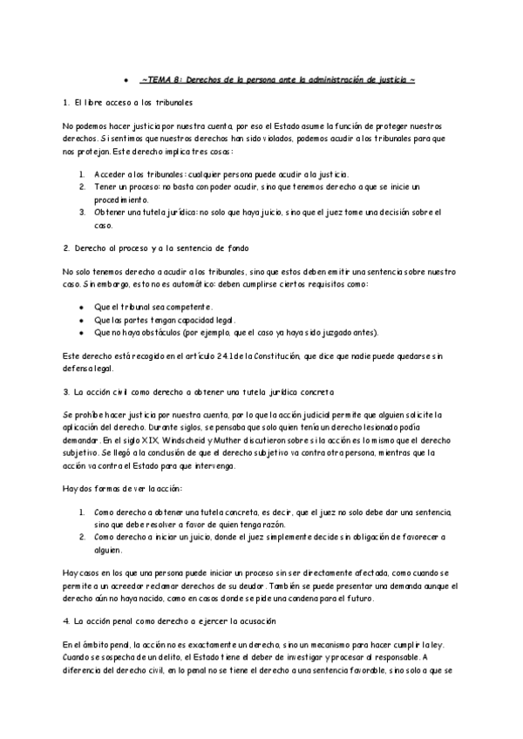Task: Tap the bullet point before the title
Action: pos(126,80)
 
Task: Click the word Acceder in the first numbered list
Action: pos(112,174)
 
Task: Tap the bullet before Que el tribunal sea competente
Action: pos(81,308)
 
